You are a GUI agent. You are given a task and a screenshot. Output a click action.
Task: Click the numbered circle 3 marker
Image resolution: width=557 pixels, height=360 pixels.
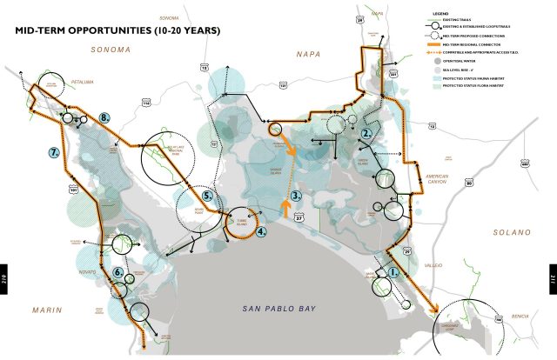coord(297,197)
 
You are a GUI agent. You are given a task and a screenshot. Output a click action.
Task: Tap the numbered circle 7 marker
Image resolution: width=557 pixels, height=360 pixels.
coord(54,152)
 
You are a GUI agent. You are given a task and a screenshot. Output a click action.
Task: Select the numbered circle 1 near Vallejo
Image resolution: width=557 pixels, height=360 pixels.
coord(393,271)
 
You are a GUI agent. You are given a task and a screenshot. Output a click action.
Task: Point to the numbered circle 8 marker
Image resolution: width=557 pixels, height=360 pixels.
coord(104,117)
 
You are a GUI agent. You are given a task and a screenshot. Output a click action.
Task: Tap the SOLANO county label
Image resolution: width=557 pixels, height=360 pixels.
coord(511,233)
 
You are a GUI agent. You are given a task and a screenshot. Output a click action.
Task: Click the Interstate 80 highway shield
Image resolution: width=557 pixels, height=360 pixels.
coord(469,183)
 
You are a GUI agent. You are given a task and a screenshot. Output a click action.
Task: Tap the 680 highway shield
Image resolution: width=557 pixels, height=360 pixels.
coord(526,162)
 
